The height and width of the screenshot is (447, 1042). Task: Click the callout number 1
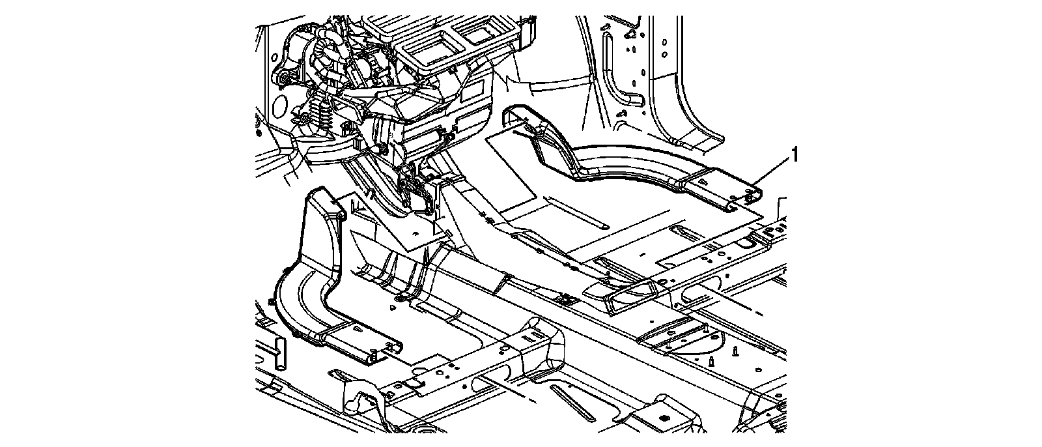(794, 155)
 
